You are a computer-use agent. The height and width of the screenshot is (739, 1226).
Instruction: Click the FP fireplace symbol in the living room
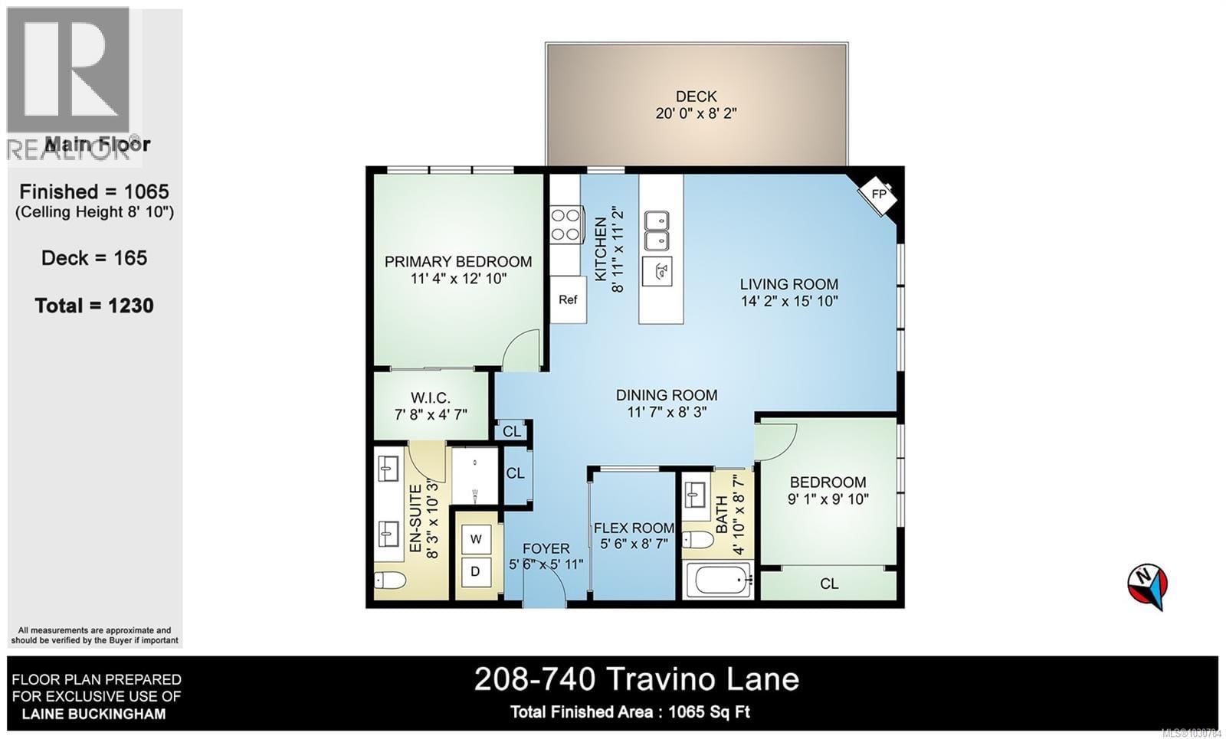click(x=878, y=194)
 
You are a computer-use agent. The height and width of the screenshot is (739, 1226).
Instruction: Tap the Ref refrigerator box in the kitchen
click(x=568, y=299)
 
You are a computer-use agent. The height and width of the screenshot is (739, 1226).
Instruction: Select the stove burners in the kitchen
click(x=565, y=224)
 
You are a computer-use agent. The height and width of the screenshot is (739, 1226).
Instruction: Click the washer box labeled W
click(x=476, y=539)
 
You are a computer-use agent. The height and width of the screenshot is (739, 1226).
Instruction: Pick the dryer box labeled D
click(x=476, y=571)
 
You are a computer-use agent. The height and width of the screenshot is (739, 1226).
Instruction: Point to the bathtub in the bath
click(x=719, y=581)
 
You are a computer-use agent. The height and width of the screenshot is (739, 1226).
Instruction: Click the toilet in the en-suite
click(x=390, y=580)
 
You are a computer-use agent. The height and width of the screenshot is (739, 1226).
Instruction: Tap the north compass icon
click(x=1147, y=585)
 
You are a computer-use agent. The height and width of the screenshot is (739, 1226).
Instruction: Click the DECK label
click(x=696, y=96)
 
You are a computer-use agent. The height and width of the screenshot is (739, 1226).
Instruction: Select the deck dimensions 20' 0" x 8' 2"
click(x=696, y=114)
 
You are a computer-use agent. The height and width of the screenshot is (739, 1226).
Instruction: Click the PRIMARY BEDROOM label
click(x=458, y=262)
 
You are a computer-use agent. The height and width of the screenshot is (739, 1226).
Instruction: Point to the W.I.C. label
click(x=431, y=398)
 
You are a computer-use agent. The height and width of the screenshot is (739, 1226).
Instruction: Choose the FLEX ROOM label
click(x=634, y=528)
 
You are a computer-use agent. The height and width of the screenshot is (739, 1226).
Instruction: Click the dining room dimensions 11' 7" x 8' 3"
click(x=667, y=412)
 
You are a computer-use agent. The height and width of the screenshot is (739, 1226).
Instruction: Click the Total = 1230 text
click(x=94, y=306)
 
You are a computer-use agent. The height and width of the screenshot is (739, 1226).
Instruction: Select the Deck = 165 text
click(x=94, y=258)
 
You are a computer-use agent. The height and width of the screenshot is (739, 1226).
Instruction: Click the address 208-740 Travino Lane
click(x=636, y=679)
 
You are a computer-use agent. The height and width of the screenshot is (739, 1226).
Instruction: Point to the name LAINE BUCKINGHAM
click(x=93, y=714)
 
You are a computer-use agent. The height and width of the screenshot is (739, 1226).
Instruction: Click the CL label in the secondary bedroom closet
click(x=829, y=584)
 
